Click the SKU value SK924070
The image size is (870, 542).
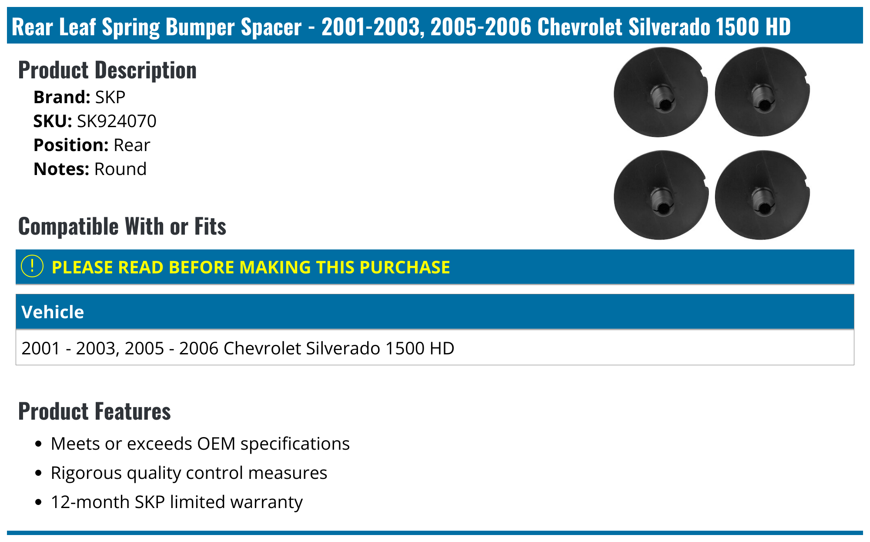[116, 121]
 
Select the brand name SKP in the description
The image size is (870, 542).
[110, 97]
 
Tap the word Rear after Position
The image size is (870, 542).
[131, 145]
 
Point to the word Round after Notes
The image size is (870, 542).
[120, 169]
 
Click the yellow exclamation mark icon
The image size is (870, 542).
[32, 266]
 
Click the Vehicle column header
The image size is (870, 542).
[53, 312]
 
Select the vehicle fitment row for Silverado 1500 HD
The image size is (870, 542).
[238, 348]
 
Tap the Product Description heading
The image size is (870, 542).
[107, 70]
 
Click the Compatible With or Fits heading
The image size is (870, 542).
[122, 226]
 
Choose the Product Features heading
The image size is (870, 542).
[94, 411]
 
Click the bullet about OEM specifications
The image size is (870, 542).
[200, 444]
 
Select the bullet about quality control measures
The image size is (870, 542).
[189, 473]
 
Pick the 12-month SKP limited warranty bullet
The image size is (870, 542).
[176, 502]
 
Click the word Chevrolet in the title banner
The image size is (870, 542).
[579, 27]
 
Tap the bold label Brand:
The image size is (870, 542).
[62, 97]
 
